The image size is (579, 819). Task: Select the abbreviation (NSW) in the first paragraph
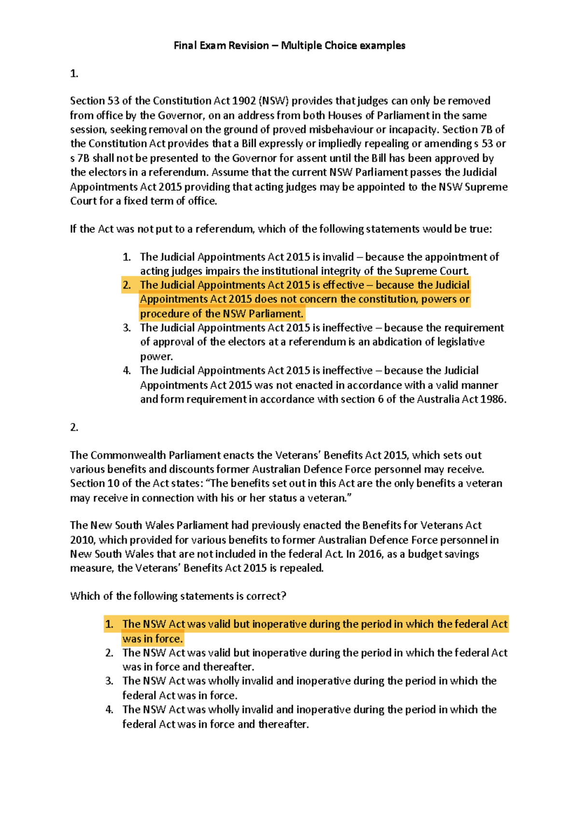(274, 101)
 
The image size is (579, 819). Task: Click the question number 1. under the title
(74, 73)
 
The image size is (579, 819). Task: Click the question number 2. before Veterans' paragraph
(74, 427)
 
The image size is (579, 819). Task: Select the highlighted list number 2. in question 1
(126, 285)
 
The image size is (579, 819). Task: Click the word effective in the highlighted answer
(343, 285)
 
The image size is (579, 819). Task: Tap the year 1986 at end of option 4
(492, 399)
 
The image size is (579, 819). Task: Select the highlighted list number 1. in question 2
(109, 624)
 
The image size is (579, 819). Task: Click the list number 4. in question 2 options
(109, 710)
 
